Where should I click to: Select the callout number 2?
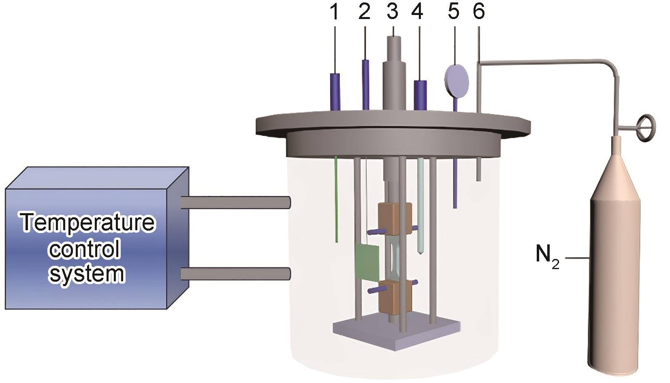tap(364, 12)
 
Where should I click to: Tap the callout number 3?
tap(392, 12)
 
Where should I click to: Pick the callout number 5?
tap(454, 12)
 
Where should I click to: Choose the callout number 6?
tap(478, 12)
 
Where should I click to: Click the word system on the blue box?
tap(87, 274)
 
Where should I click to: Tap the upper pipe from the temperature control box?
tap(235, 202)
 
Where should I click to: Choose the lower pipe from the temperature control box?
tap(235, 274)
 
